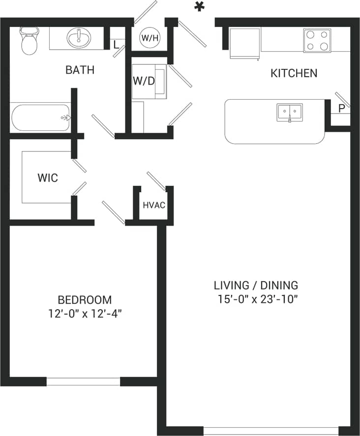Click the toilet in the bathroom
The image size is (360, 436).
[x=29, y=42]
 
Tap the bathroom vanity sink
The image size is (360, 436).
[x=76, y=37]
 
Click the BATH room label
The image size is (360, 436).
[x=80, y=70]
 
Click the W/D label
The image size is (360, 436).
[x=144, y=81]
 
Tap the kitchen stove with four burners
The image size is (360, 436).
[x=317, y=40]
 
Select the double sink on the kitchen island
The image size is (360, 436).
[x=289, y=113]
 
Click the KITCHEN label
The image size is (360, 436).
[x=294, y=74]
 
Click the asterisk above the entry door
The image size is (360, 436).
[x=199, y=7]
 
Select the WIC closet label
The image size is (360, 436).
[x=48, y=178]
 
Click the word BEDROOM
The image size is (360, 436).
[x=85, y=299]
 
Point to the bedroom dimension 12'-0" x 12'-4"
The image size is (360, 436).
[x=85, y=314]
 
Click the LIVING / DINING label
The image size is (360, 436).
[x=256, y=285]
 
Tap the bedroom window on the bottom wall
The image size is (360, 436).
[x=83, y=381]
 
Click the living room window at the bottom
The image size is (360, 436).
[x=271, y=431]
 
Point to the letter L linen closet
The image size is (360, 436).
[x=116, y=45]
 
